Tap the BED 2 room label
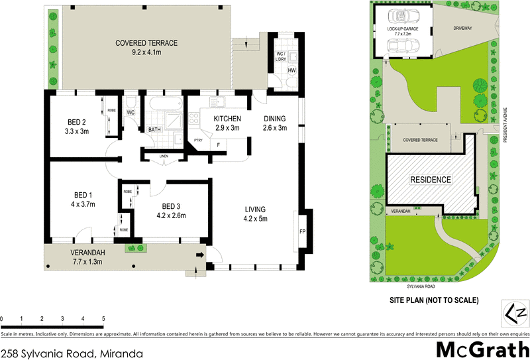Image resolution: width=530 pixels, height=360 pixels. click(x=77, y=126)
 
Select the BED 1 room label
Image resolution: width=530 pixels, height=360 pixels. click(x=82, y=200)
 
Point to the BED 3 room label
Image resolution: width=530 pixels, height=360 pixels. click(x=171, y=210)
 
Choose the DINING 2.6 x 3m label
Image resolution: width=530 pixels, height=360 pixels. click(x=274, y=123)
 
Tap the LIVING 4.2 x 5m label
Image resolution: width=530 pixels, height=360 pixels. click(x=259, y=214)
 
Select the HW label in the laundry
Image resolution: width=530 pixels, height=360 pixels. click(x=291, y=71)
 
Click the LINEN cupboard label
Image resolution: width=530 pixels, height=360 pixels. click(x=164, y=156)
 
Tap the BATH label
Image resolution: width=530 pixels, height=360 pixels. click(x=154, y=130)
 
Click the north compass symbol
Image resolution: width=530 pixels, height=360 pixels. click(x=515, y=311)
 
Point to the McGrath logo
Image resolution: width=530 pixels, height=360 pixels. click(x=482, y=349)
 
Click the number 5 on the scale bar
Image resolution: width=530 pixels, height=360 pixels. click(x=103, y=319)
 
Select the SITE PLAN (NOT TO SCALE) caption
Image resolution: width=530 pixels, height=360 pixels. click(x=433, y=300)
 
